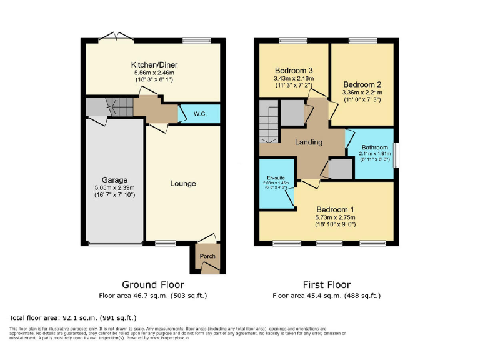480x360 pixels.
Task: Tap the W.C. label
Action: pyautogui.click(x=200, y=114)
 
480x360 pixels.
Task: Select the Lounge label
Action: pyautogui.click(x=182, y=183)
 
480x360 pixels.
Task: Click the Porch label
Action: pyautogui.click(x=207, y=256)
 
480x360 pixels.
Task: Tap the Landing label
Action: pyautogui.click(x=309, y=142)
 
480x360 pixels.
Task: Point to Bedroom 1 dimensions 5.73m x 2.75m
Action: pyautogui.click(x=335, y=217)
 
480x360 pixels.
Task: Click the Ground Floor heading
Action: pyautogui.click(x=152, y=284)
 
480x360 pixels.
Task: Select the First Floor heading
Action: pyautogui.click(x=326, y=284)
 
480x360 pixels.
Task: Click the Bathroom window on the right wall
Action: pyautogui.click(x=396, y=153)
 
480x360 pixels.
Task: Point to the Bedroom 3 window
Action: pyautogui.click(x=289, y=41)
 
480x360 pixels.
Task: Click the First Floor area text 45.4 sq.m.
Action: pyautogui.click(x=326, y=296)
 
